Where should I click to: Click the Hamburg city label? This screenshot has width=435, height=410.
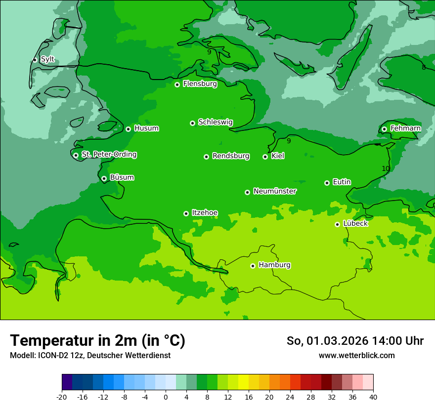pyautogui.click(x=274, y=265)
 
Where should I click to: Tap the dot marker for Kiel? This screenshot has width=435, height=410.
pyautogui.click(x=265, y=157)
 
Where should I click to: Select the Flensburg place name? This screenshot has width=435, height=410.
pyautogui.click(x=200, y=84)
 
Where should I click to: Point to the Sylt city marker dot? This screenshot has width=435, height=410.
pyautogui.click(x=35, y=60)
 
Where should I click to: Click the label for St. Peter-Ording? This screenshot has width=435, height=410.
pyautogui.click(x=109, y=155)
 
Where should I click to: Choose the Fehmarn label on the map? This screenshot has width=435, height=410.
pyautogui.click(x=405, y=128)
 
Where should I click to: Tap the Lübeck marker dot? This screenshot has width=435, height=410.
pyautogui.click(x=337, y=224)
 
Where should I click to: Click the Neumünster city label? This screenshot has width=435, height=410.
pyautogui.click(x=275, y=191)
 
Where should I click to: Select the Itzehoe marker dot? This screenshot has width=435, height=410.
pyautogui.click(x=186, y=213)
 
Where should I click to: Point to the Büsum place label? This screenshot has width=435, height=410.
pyautogui.click(x=122, y=177)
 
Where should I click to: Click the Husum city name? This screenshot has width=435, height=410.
pyautogui.click(x=146, y=128)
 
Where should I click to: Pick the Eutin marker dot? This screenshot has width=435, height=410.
pyautogui.click(x=327, y=183)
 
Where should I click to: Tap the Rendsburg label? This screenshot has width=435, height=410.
pyautogui.click(x=231, y=156)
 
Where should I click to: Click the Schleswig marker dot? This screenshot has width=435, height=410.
pyautogui.click(x=192, y=123)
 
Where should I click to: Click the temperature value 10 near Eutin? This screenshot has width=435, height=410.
pyautogui.click(x=386, y=168)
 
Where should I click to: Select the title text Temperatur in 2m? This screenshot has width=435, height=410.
pyautogui.click(x=97, y=340)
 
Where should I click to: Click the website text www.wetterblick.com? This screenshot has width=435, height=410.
pyautogui.click(x=356, y=355)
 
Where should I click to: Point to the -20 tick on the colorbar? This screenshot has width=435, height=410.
pyautogui.click(x=62, y=397)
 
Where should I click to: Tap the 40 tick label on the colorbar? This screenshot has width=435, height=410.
pyautogui.click(x=373, y=397)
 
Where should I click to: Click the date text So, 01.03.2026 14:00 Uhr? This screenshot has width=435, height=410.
pyautogui.click(x=355, y=341)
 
